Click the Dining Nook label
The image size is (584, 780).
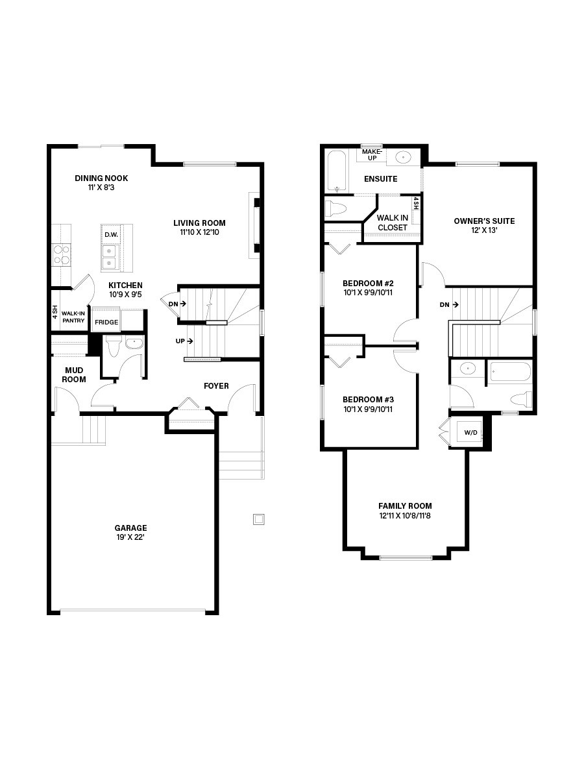tap(101, 178)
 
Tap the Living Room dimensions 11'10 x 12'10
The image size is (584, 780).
tap(199, 232)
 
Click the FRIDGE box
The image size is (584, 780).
tap(106, 322)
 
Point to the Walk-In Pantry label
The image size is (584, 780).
tap(73, 317)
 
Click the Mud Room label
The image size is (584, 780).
tap(74, 375)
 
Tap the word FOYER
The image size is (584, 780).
tap(216, 386)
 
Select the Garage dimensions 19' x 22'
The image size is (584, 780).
tap(130, 537)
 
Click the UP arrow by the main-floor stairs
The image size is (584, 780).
tap(184, 341)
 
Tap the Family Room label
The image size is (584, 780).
tap(405, 506)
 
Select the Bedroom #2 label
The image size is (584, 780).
tap(368, 284)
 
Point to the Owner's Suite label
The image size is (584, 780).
tap(484, 221)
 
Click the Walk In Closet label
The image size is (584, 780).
tap(393, 223)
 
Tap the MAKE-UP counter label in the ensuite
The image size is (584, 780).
tap(373, 154)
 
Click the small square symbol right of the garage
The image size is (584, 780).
tap(259, 518)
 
